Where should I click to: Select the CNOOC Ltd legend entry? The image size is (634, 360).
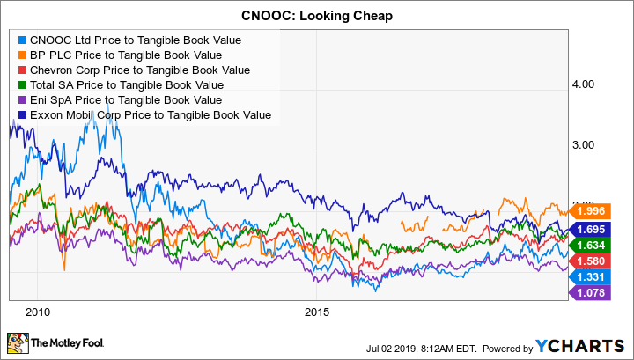point(135,40)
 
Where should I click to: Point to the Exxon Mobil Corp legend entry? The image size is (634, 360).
point(151,114)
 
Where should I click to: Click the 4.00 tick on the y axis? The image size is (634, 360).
point(585,84)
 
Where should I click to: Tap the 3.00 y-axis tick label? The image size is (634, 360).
point(585,144)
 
